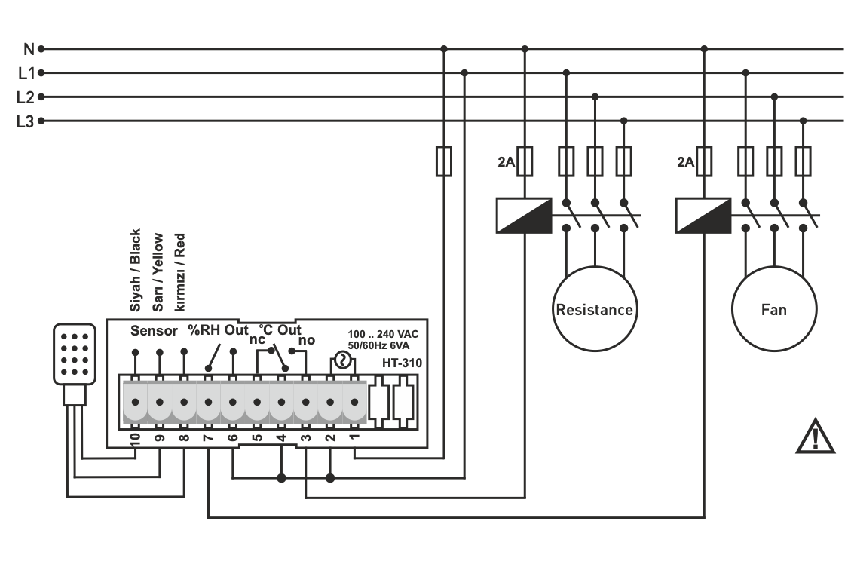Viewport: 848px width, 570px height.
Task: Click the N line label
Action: [x=28, y=49]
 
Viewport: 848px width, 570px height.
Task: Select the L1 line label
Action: [x=25, y=73]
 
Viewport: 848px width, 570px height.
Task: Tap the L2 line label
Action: [x=25, y=97]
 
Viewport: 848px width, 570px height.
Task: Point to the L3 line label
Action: [x=25, y=121]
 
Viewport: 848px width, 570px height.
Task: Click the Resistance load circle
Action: [x=594, y=310]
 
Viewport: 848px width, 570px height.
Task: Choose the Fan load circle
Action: [x=773, y=310]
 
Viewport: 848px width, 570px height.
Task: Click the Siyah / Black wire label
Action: [x=136, y=270]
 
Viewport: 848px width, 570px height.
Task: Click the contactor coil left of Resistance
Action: [x=524, y=215]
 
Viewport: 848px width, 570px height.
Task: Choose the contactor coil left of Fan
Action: [x=703, y=215]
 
